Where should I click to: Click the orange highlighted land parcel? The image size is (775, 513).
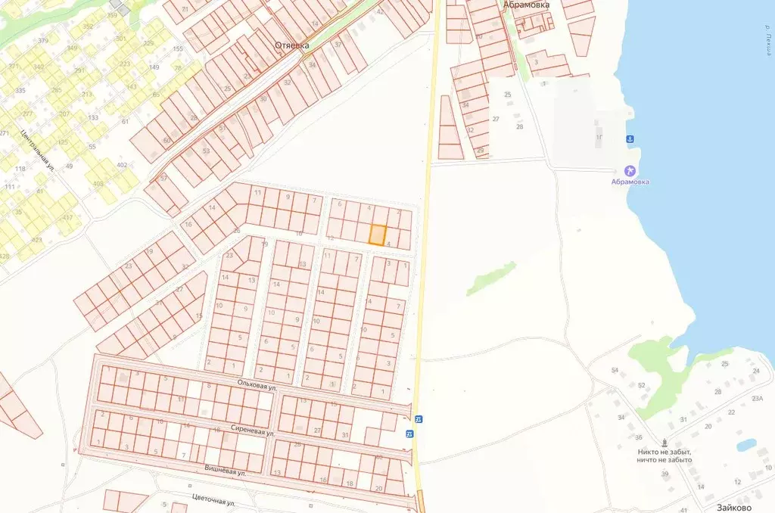[x=377, y=235]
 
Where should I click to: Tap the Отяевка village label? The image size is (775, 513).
[x=291, y=45]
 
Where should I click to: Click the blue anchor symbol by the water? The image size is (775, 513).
[x=628, y=139]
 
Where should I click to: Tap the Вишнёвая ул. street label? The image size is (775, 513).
[x=226, y=471]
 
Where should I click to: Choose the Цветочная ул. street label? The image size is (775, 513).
[x=213, y=502]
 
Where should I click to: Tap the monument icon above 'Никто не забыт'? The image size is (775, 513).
[x=665, y=442]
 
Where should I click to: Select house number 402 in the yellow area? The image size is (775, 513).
[x=122, y=165]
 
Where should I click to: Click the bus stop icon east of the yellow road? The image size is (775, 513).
[x=419, y=419]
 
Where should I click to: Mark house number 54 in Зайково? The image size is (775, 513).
[x=615, y=370]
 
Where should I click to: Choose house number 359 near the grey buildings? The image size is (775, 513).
[x=113, y=15]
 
